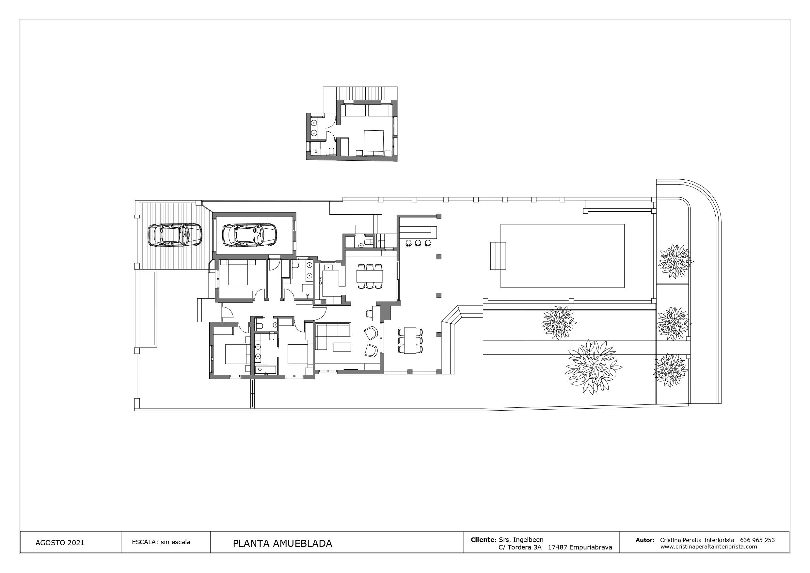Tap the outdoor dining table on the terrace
coord(410,340)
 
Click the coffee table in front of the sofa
coord(342,347)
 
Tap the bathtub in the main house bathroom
coord(266,370)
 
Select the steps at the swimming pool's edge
coord(498,255)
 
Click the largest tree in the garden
coord(594,368)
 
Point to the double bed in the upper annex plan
coord(373,143)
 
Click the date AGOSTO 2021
coord(60,543)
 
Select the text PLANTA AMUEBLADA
coord(282,543)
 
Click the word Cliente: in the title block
coord(483,539)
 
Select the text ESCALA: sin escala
coord(161,542)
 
